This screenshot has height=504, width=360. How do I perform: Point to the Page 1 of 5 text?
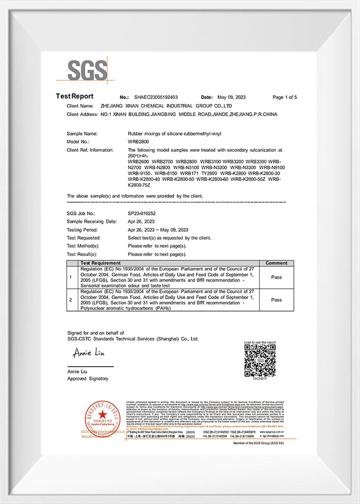coord(284,97)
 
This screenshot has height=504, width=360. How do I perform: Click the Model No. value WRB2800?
coord(138,141)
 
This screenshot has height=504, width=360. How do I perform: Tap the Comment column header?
coord(276,263)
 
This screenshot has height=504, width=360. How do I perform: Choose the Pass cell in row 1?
coord(276,277)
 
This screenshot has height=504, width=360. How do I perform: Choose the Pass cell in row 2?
coord(276,300)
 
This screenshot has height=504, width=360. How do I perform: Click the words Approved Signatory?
coord(88,378)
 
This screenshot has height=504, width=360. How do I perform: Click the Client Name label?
coord(80,106)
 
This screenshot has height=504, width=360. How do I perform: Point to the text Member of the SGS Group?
coord(263,443)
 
